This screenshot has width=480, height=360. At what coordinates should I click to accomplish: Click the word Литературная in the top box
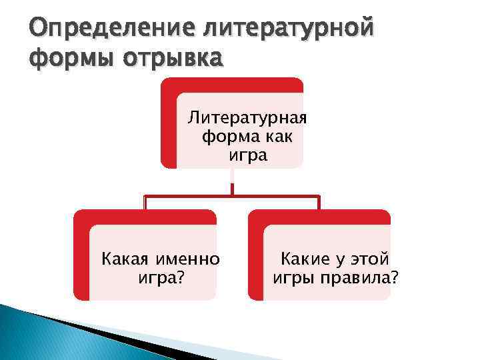247,119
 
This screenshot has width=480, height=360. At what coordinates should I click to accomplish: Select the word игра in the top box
247,156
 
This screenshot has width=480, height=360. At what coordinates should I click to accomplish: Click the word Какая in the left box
123,259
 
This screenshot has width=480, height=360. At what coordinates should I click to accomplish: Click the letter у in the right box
337,259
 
